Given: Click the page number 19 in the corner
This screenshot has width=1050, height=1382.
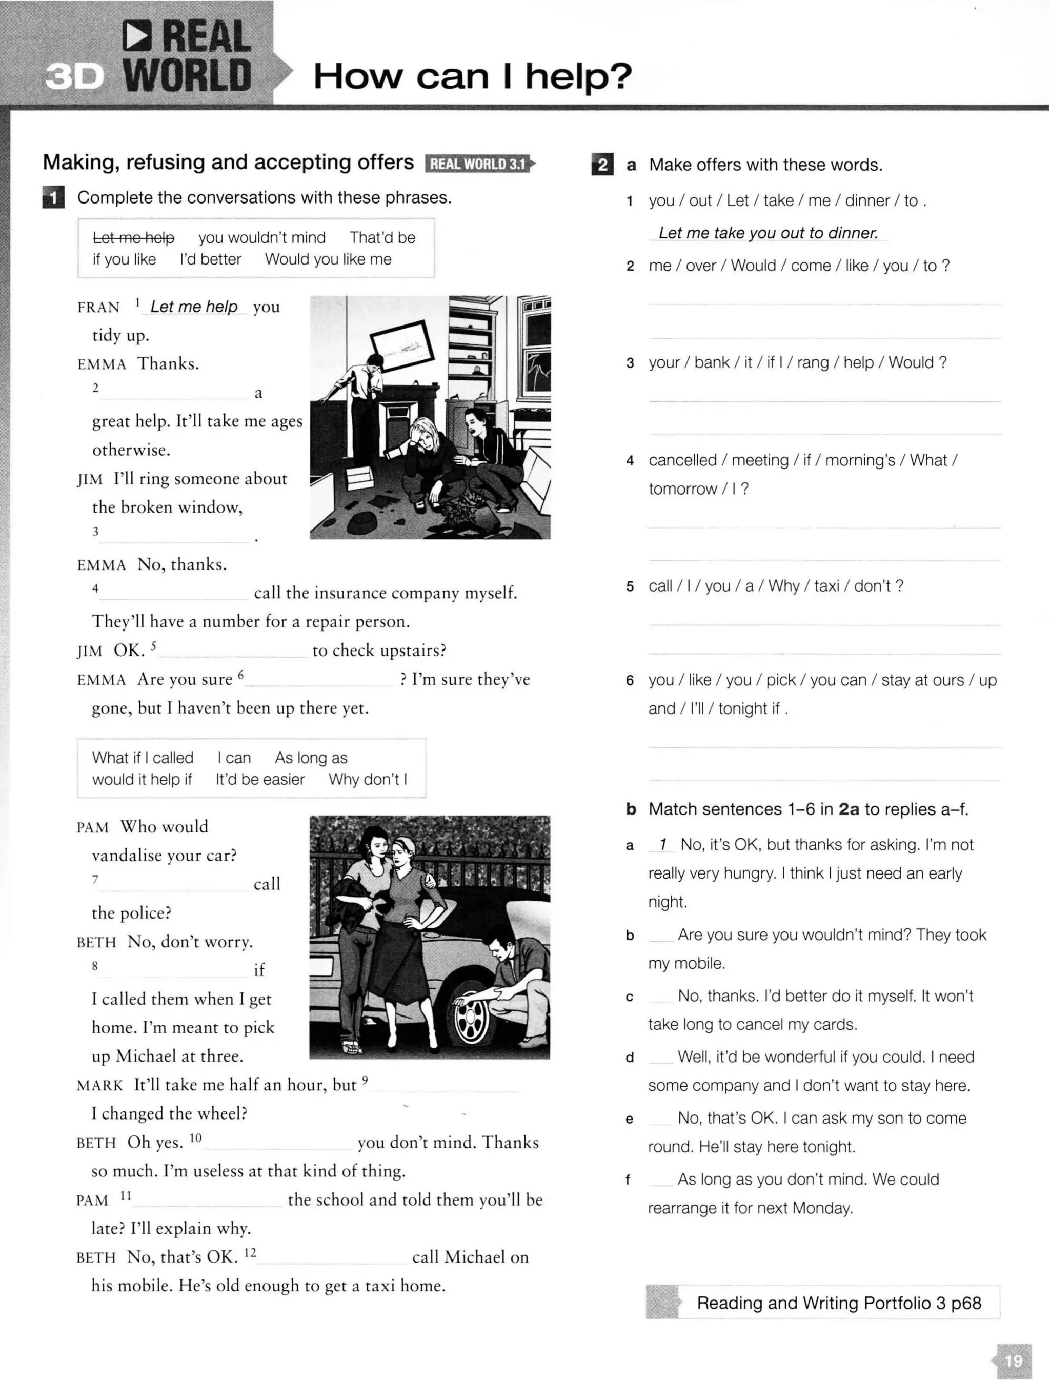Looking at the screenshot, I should (1013, 1360).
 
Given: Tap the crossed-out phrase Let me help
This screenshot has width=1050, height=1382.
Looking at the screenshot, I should (133, 237).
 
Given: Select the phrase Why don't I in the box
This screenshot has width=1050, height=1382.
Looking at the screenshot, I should (368, 779).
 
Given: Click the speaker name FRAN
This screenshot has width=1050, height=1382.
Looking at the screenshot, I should (98, 308).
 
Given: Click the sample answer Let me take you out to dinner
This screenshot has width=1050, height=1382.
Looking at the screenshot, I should (768, 233).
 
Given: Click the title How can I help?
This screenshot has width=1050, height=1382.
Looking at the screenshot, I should (473, 76).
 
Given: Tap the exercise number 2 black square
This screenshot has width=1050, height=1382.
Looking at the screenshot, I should (602, 165).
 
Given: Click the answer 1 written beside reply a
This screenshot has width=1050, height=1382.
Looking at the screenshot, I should (662, 845).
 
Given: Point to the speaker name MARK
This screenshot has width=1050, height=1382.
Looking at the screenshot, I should (100, 1085).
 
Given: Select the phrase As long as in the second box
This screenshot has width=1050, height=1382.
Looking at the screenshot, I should (311, 758).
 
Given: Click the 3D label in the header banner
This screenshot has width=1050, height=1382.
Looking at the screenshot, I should (74, 77).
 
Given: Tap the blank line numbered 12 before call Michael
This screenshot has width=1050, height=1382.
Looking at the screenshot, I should (331, 1257).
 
